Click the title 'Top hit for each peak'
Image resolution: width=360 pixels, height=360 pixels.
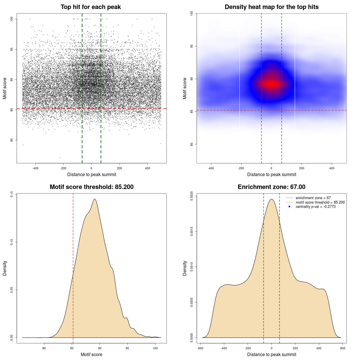[x=91, y=7]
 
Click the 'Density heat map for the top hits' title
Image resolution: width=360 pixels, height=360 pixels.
[x=271, y=7]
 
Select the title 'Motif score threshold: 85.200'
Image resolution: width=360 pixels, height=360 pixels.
[x=91, y=187]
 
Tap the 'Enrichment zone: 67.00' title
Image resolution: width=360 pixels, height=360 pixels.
[x=271, y=187]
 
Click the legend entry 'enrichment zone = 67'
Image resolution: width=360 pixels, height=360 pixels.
[x=313, y=198]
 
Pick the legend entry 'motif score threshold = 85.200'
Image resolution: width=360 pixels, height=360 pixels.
[x=320, y=202]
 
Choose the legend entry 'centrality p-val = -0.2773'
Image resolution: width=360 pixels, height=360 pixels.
[x=316, y=207]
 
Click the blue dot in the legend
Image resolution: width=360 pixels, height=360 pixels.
[x=289, y=207]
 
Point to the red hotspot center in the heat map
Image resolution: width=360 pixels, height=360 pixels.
[x=271, y=84]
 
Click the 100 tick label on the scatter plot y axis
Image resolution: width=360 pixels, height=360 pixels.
[x=12, y=19]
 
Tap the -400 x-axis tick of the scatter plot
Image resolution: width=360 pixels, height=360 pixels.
[x=35, y=168]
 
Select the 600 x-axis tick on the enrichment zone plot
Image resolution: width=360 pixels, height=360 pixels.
[x=343, y=348]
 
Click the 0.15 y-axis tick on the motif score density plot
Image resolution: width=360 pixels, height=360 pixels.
[x=12, y=194]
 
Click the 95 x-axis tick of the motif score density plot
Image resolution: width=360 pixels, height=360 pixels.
[x=127, y=348]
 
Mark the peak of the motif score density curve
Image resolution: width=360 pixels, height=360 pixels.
[x=95, y=199]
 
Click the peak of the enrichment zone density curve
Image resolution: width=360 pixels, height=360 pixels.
[x=271, y=199]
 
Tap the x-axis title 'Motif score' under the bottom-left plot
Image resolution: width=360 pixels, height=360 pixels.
[x=91, y=354]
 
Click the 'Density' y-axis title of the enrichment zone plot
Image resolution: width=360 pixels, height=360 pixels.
[x=185, y=268]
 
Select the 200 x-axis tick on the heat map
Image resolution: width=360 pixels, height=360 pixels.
[x=301, y=168]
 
